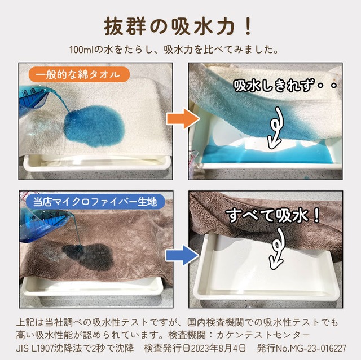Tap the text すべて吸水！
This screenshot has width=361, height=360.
tap(274, 215)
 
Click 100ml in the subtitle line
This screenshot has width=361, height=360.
tap(80, 49)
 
